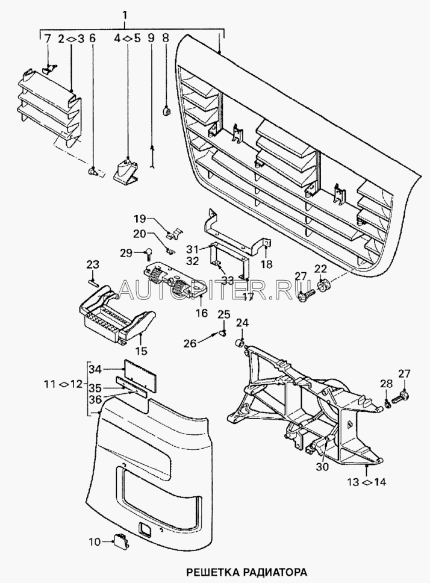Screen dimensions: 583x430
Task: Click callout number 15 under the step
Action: pyautogui.click(x=140, y=350)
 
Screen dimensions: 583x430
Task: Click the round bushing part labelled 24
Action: pyautogui.click(x=238, y=344)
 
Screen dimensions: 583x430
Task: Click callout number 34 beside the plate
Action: pyautogui.click(x=96, y=369)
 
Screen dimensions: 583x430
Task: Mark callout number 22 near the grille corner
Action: pyautogui.click(x=320, y=268)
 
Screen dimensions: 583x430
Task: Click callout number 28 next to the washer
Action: pyautogui.click(x=385, y=383)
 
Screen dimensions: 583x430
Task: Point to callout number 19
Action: pyautogui.click(x=140, y=217)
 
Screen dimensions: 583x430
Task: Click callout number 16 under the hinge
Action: pyautogui.click(x=201, y=313)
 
